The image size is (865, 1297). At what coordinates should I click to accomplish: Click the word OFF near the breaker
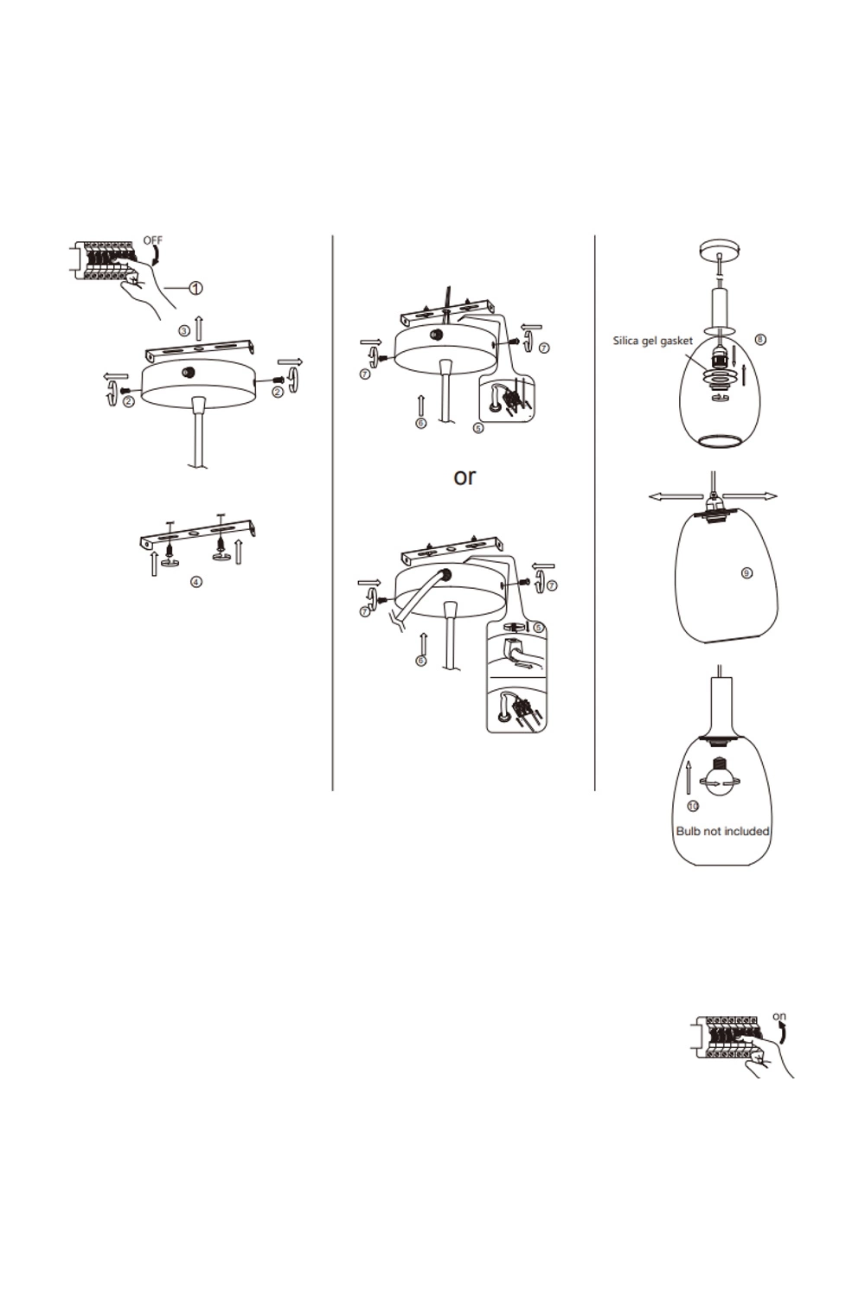(153, 240)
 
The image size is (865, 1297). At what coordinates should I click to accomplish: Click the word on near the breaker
(779, 1016)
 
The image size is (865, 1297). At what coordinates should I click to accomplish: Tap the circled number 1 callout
(196, 288)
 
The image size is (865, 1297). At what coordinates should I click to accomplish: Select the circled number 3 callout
(184, 331)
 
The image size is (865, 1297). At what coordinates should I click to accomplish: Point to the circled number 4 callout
(196, 581)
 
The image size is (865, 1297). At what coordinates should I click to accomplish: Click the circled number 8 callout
(760, 339)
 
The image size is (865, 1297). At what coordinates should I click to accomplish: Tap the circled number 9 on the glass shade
(746, 573)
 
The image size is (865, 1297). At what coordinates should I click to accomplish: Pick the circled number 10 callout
(693, 807)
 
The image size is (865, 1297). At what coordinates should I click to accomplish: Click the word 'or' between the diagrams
(465, 477)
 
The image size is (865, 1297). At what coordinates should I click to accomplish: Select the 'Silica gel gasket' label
(652, 341)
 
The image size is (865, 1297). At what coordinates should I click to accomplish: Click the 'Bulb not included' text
(722, 832)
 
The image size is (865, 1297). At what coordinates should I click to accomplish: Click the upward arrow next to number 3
(199, 329)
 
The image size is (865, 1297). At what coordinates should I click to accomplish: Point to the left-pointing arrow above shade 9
(676, 496)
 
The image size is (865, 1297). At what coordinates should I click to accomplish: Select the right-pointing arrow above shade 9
(750, 496)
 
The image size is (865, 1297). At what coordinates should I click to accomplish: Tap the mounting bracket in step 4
(198, 533)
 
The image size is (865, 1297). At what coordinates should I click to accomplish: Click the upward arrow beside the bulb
(689, 778)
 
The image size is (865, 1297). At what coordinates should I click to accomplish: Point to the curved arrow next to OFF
(156, 255)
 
